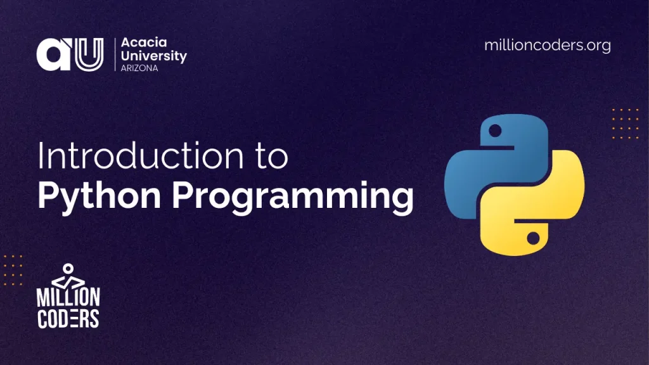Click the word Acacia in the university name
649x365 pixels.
pos(144,42)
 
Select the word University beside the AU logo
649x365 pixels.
pos(153,56)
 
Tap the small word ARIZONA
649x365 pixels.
pos(139,68)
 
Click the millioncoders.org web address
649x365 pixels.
pos(547,45)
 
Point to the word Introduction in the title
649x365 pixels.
pos(141,156)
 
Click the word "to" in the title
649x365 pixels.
pos(272,156)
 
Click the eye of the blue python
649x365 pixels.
pos(495,131)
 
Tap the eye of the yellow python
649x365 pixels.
pos(533,238)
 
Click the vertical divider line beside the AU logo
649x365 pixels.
pos(115,54)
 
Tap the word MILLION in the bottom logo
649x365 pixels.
pos(68,297)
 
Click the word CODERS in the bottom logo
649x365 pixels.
pos(68,318)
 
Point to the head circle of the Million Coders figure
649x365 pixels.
pos(68,269)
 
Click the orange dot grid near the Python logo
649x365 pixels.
pos(626,124)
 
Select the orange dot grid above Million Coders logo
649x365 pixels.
pos(13,270)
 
